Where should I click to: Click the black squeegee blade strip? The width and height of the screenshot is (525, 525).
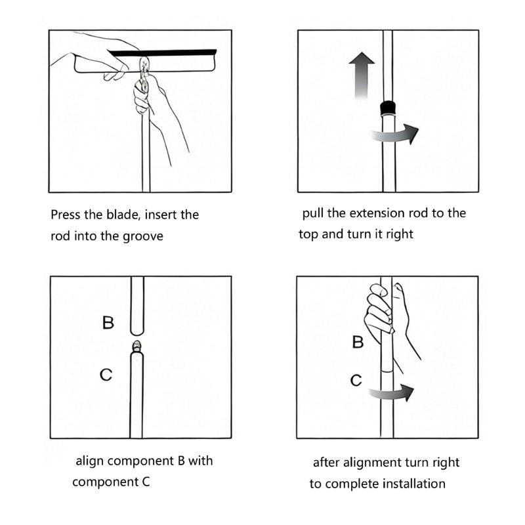[x=163, y=53]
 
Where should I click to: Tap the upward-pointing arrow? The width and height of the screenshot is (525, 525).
[x=362, y=75]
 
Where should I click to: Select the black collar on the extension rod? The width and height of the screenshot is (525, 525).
[x=388, y=108]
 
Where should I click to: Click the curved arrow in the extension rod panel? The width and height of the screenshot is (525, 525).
[x=395, y=135]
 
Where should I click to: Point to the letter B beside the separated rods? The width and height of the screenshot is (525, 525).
[x=108, y=322]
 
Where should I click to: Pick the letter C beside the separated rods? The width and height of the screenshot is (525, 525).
[x=106, y=375]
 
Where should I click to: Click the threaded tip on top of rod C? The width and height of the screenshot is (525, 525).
[x=136, y=346]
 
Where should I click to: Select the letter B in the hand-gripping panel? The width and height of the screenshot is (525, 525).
[x=358, y=342]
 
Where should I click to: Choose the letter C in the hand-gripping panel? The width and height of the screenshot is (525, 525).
[x=356, y=381]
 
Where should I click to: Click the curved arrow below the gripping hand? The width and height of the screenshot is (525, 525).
[x=392, y=392]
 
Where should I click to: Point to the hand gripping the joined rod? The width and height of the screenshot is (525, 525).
[x=388, y=318]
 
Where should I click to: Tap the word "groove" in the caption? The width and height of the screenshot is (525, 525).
[x=143, y=236]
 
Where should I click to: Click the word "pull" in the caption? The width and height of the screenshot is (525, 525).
[x=313, y=213]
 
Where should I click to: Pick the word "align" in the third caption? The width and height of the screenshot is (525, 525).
[x=90, y=461]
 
